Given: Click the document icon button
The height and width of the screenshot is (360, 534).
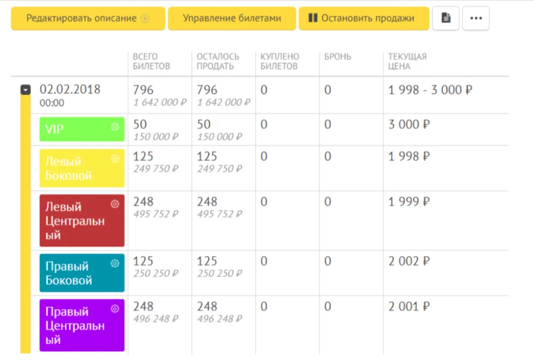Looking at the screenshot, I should pos(445,18).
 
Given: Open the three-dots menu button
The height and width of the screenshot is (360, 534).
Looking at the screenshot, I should pos(475,18).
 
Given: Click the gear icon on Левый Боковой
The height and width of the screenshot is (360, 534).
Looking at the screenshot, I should pos(114,159).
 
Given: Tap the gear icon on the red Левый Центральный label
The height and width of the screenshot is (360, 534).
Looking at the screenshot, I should pos(114,204).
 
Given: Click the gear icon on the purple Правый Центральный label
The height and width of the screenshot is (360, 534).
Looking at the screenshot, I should pos(114,309).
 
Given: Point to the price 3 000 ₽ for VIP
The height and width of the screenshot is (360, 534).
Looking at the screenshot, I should pos(409,125).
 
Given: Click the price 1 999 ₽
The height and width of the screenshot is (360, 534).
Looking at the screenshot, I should pos(409,202).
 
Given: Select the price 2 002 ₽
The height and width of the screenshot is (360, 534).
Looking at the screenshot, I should pos(409,262).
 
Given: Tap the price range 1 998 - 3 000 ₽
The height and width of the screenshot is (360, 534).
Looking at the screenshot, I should pos(430,90).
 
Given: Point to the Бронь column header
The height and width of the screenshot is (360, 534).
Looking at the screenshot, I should pos(337,57).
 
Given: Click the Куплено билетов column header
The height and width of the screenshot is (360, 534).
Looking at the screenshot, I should pos(280,61).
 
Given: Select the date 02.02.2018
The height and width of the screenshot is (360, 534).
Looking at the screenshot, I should pos(70,89).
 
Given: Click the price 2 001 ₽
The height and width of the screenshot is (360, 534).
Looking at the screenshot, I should pos(409,307).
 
